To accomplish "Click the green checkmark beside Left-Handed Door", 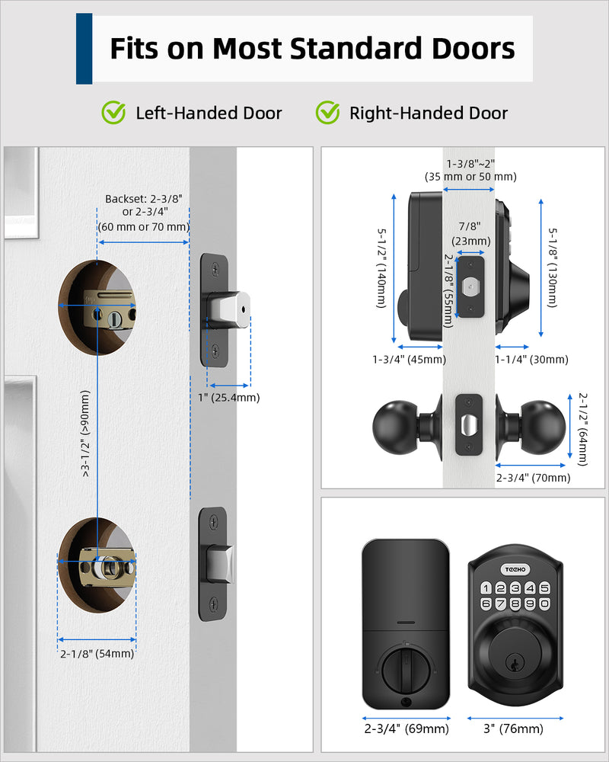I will click(x=114, y=113).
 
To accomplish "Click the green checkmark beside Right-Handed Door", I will click(x=328, y=113).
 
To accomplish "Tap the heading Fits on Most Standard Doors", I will click(x=312, y=49).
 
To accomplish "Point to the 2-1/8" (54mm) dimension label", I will click(x=97, y=654).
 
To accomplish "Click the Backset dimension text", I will click(x=143, y=213).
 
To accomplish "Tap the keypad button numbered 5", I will click(x=544, y=588).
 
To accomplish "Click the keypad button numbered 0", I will click(x=544, y=604).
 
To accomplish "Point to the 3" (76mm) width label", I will click(x=515, y=729).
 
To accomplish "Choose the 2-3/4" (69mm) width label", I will click(x=406, y=729).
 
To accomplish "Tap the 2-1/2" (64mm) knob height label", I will click(x=582, y=429).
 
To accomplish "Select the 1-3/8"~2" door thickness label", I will click(x=470, y=170).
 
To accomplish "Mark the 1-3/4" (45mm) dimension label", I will click(x=409, y=360).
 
